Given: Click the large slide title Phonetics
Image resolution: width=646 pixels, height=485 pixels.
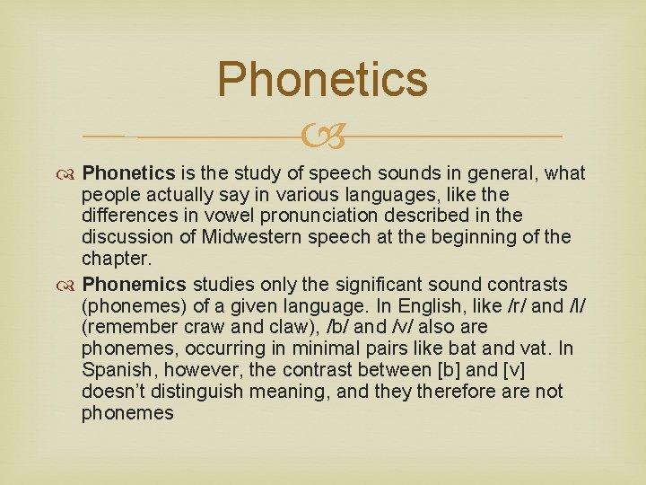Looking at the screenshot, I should click(x=322, y=79).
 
